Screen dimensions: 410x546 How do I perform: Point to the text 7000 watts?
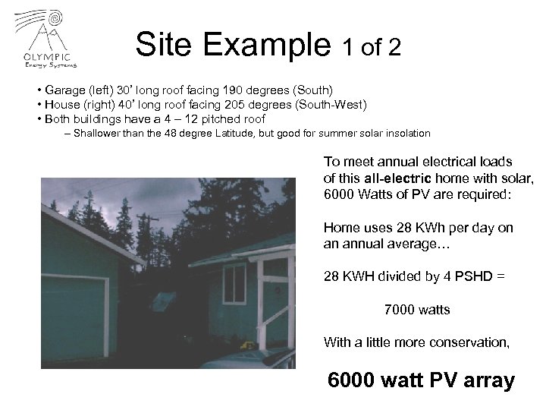(x=417, y=310)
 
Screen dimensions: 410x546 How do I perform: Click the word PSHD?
(x=464, y=279)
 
